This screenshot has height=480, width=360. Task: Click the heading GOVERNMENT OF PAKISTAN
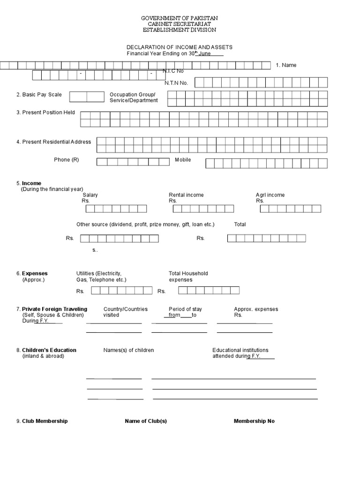tap(180, 18)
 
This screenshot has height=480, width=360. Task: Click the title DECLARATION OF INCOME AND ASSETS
tap(180, 47)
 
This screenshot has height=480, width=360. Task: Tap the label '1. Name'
tap(286, 65)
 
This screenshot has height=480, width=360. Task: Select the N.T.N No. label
tap(176, 83)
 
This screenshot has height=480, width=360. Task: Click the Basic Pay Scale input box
tap(87, 97)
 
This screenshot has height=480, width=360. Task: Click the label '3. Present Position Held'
tap(46, 112)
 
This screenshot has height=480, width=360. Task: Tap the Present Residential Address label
tap(54, 142)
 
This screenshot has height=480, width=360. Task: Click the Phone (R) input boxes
tap(133, 162)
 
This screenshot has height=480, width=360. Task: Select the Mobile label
tap(183, 160)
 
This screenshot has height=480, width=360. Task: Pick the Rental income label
tap(186, 195)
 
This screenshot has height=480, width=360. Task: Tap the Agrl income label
tap(270, 195)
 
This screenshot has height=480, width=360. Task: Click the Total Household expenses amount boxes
tap(209, 291)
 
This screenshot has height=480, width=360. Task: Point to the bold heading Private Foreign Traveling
tap(54, 309)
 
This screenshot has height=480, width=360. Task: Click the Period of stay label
tap(185, 309)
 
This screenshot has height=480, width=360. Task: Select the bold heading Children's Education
tap(49, 350)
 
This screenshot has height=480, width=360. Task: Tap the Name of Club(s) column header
tap(146, 421)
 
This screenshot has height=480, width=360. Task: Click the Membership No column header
tap(254, 421)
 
